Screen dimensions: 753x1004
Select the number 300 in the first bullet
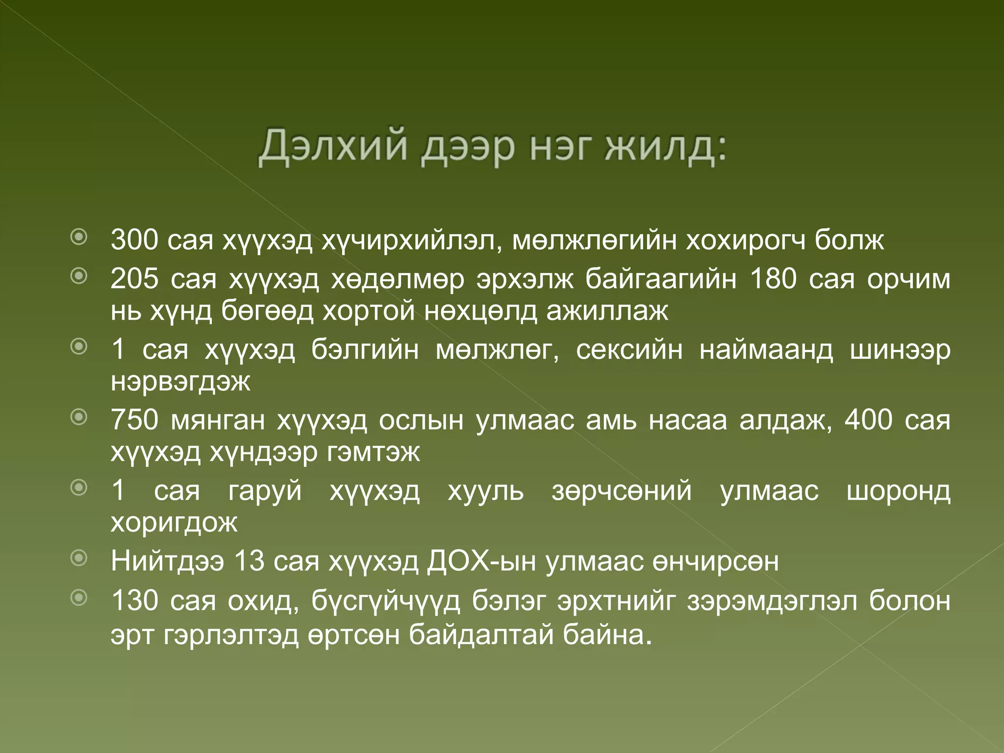click(134, 240)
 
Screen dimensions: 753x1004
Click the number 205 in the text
click(134, 279)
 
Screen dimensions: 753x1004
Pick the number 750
click(134, 420)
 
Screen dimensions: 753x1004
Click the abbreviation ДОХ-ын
click(481, 561)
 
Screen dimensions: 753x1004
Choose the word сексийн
click(629, 350)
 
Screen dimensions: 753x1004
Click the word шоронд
click(899, 491)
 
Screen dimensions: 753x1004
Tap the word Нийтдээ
click(167, 561)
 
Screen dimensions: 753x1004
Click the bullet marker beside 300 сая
click(79, 238)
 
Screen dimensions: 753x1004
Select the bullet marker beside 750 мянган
click(79, 418)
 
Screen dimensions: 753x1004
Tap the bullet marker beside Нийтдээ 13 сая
click(79, 558)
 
